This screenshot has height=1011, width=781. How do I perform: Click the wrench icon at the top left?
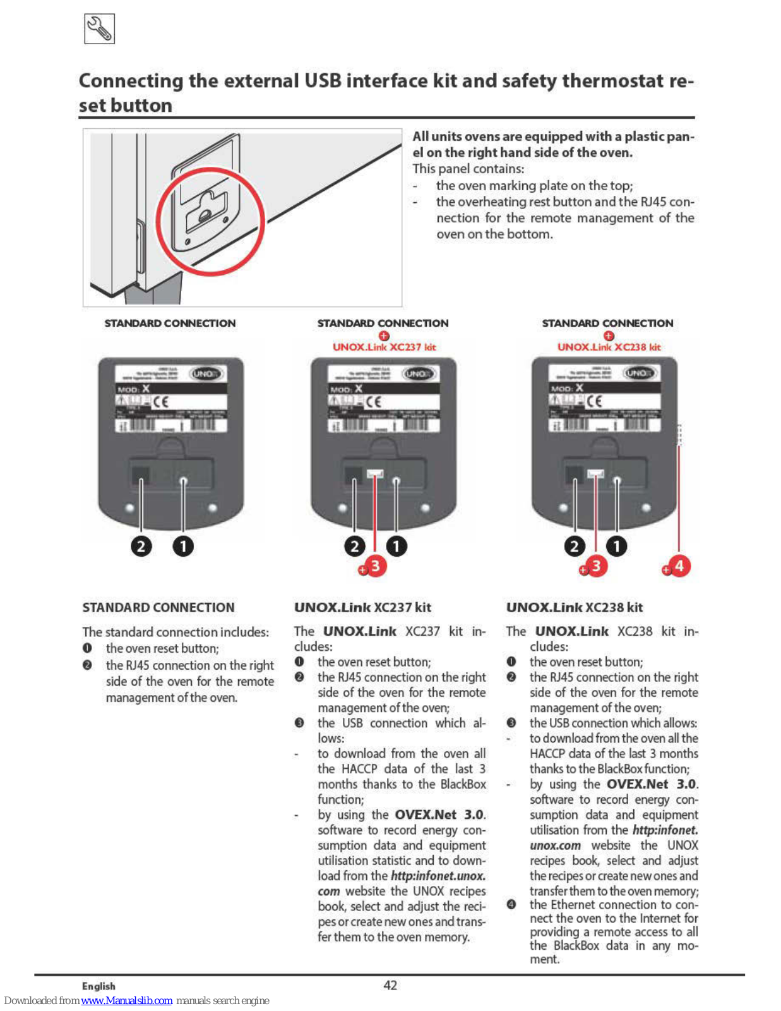[x=99, y=29]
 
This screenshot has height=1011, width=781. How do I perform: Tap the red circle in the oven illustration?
[x=210, y=221]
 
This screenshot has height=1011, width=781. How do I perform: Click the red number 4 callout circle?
[x=679, y=566]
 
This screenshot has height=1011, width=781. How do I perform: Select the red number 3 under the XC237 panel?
[x=375, y=566]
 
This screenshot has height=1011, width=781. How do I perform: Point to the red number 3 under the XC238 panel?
[x=595, y=566]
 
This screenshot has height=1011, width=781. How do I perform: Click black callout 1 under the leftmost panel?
[x=183, y=546]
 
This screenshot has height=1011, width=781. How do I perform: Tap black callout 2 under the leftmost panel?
[x=141, y=546]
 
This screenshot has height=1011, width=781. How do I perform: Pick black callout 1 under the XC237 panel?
[x=396, y=546]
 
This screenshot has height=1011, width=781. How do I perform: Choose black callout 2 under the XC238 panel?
[x=575, y=546]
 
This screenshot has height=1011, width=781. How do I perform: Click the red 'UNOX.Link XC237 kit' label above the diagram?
[x=384, y=347]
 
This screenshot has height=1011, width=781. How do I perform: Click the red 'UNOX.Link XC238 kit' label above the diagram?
[x=609, y=347]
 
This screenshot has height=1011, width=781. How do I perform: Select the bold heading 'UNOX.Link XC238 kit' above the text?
[x=574, y=607]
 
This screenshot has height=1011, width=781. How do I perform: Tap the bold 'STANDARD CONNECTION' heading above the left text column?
[x=158, y=607]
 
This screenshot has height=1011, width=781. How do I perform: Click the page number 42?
[x=390, y=985]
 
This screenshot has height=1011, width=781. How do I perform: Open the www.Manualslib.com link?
[x=126, y=1001]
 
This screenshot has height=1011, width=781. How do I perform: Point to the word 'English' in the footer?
[x=98, y=986]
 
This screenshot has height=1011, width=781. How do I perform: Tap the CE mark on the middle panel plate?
[x=374, y=402]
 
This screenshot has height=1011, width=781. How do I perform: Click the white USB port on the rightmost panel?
[x=595, y=473]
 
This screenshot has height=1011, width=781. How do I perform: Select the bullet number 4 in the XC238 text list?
[x=511, y=905]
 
